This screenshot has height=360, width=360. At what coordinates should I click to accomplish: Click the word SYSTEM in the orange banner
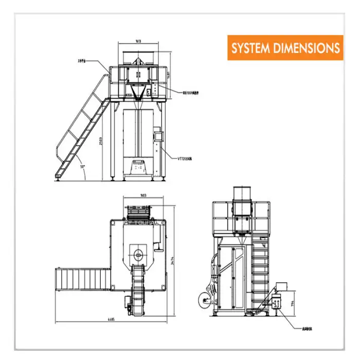tap(250, 48)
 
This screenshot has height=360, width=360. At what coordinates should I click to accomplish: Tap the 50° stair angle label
tap(83, 167)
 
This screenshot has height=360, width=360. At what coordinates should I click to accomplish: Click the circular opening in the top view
tap(138, 255)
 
